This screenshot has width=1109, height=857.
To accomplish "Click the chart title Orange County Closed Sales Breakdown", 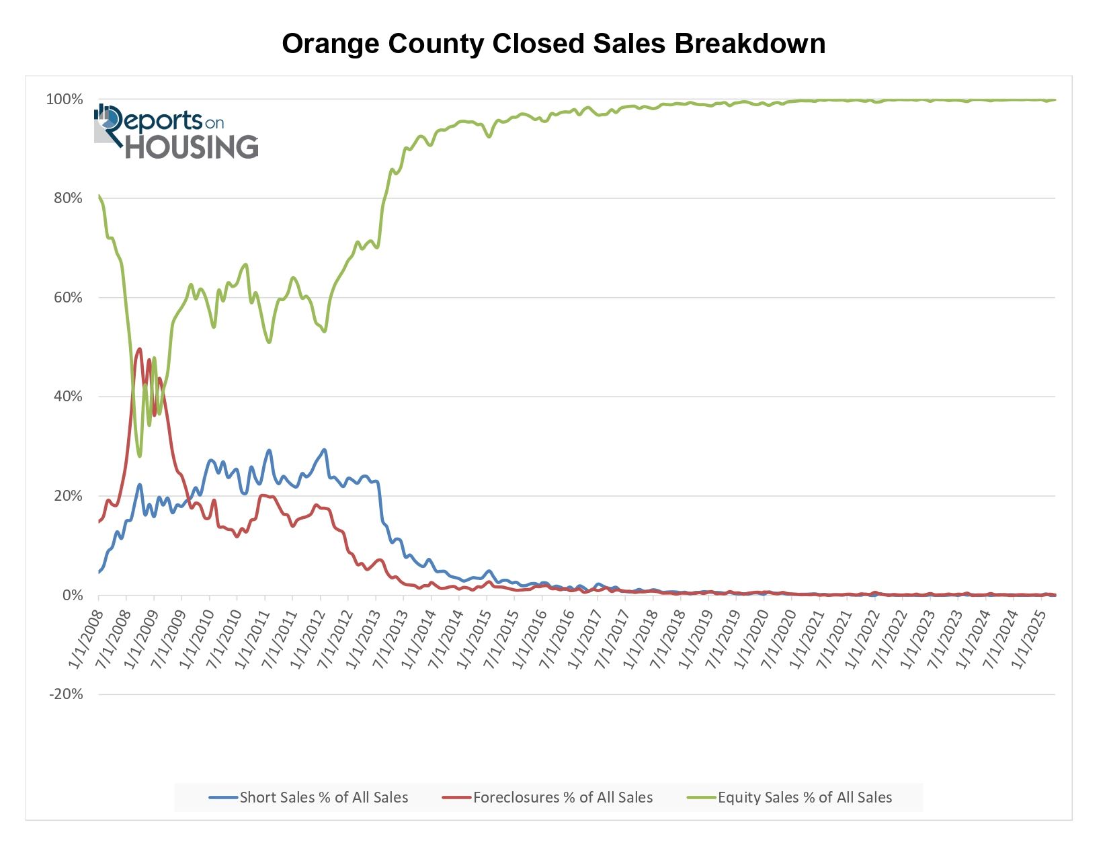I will tap(553, 44).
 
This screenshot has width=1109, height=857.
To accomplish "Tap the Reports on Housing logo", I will tap(176, 132).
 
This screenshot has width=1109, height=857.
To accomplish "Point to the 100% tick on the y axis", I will tap(65, 99).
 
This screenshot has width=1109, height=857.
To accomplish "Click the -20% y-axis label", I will tap(65, 694).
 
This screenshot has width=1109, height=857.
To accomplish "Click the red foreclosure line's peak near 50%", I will tap(139, 348).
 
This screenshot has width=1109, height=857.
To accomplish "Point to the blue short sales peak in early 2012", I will tap(324, 450).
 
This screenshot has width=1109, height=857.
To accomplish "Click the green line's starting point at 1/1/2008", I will tap(99, 196).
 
